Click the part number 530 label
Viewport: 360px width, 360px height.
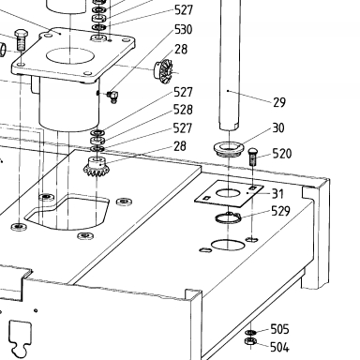click(x=184, y=29)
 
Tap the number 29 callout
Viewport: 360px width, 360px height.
click(x=279, y=102)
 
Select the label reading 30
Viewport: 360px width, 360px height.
click(x=278, y=127)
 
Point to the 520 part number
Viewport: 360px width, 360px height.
click(x=282, y=154)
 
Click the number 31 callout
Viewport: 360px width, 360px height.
click(x=277, y=194)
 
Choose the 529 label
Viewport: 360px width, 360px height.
click(x=280, y=211)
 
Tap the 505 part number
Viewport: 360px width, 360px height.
click(x=279, y=329)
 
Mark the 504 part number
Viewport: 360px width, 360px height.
click(x=279, y=347)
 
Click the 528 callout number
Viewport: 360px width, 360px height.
click(x=183, y=110)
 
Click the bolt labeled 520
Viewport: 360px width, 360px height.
click(x=252, y=157)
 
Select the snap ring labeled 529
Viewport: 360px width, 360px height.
click(x=228, y=217)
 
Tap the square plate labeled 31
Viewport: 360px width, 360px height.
click(x=229, y=193)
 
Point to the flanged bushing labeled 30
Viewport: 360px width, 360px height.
click(x=229, y=148)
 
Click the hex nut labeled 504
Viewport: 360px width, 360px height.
click(x=251, y=341)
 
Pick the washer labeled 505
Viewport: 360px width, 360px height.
click(x=250, y=332)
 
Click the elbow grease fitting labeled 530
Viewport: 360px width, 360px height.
click(x=112, y=97)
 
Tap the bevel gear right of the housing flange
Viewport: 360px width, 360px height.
click(x=162, y=70)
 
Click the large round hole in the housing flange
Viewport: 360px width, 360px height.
click(x=70, y=56)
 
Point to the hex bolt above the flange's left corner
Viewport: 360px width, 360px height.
click(x=21, y=40)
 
